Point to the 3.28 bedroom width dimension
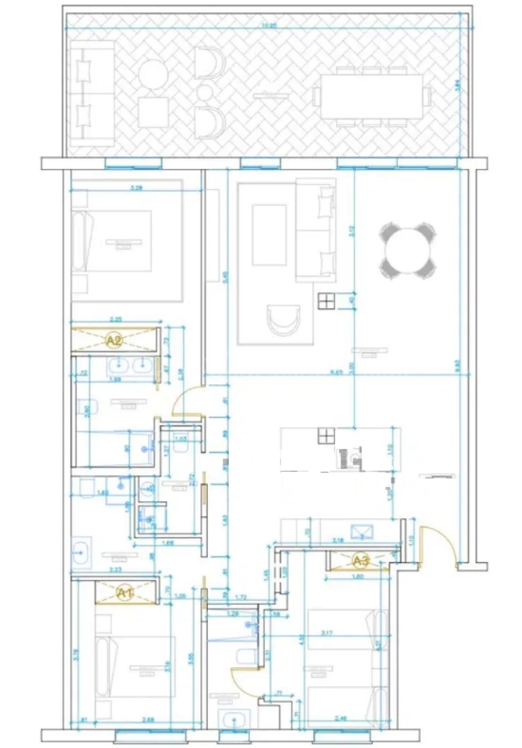(x=137, y=188)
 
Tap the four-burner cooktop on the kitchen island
(x=327, y=436)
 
